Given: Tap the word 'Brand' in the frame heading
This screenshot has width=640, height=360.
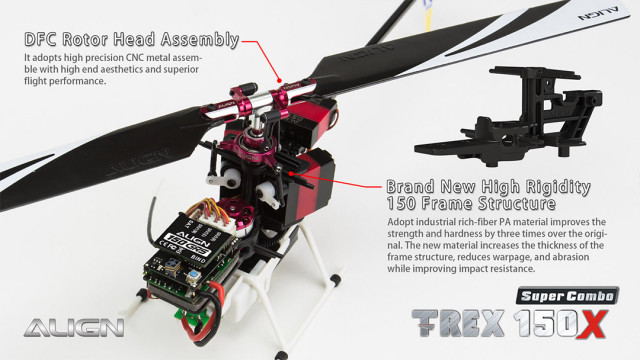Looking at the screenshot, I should [412, 187].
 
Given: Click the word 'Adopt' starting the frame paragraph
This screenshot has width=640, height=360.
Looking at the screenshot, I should [401, 221].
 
